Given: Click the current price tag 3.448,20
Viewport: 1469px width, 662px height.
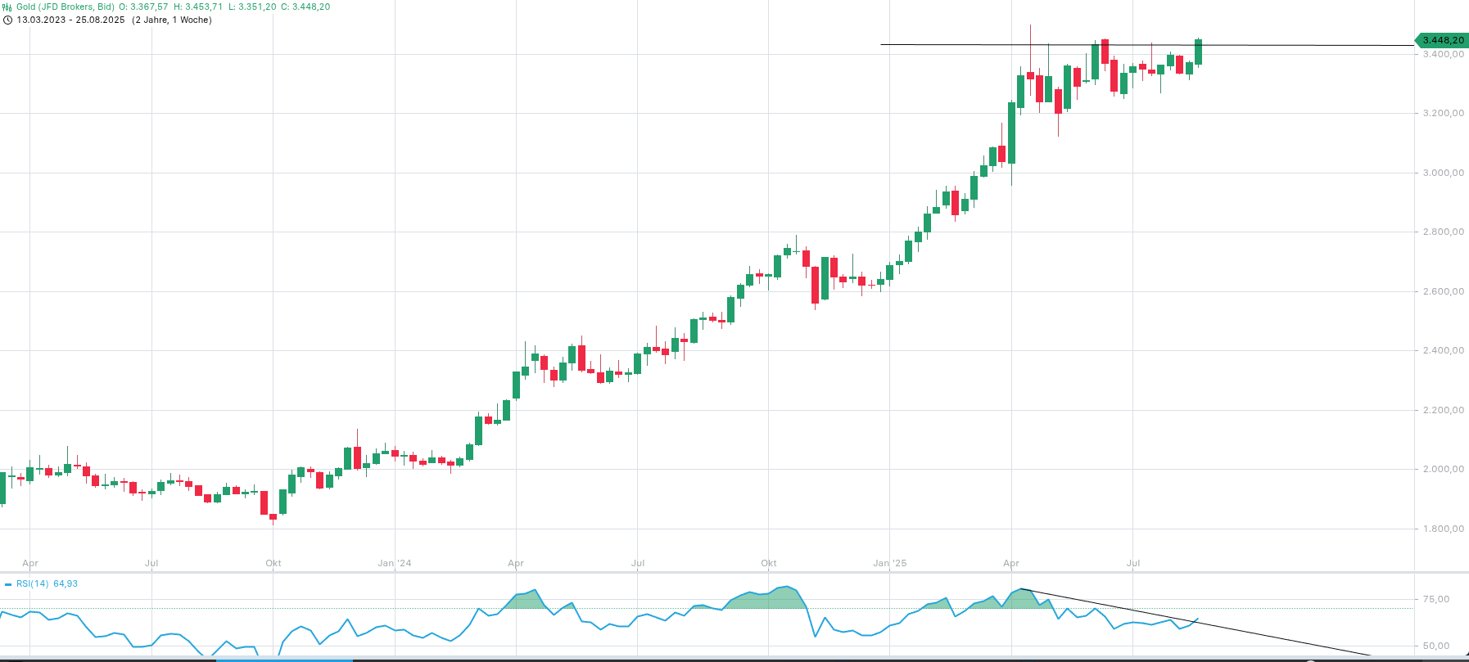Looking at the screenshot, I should tap(1443, 40).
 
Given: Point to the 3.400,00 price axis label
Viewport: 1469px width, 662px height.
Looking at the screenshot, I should tap(1443, 54).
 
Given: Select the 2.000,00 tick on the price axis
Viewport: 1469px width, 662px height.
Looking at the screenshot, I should tap(1443, 469).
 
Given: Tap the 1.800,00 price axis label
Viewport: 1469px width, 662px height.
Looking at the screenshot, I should tap(1443, 529).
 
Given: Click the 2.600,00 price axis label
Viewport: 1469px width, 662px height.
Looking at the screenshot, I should tap(1443, 291).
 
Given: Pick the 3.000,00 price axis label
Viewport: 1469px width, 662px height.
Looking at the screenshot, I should tap(1443, 173).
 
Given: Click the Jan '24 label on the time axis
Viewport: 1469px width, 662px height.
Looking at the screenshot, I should tap(395, 563).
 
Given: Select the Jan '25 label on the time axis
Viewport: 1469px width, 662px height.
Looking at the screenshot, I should tap(890, 563).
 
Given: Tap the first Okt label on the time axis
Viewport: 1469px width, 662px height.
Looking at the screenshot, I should tap(273, 563).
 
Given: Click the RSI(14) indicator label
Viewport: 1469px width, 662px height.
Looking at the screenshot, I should tap(32, 583).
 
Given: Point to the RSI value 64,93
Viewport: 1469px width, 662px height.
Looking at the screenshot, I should tap(66, 583).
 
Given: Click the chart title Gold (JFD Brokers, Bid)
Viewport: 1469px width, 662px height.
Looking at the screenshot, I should tap(66, 7).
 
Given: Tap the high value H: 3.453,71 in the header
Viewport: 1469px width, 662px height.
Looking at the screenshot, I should tap(198, 7).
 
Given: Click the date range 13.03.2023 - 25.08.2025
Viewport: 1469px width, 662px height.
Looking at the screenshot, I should tap(70, 20).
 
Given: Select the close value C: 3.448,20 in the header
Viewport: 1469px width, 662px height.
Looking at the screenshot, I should tap(305, 7).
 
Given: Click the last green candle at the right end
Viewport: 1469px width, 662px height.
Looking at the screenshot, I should tap(1199, 52).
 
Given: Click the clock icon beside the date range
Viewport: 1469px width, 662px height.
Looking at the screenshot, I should tap(7, 20).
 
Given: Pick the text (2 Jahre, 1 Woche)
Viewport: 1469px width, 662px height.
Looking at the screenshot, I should tap(172, 20).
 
